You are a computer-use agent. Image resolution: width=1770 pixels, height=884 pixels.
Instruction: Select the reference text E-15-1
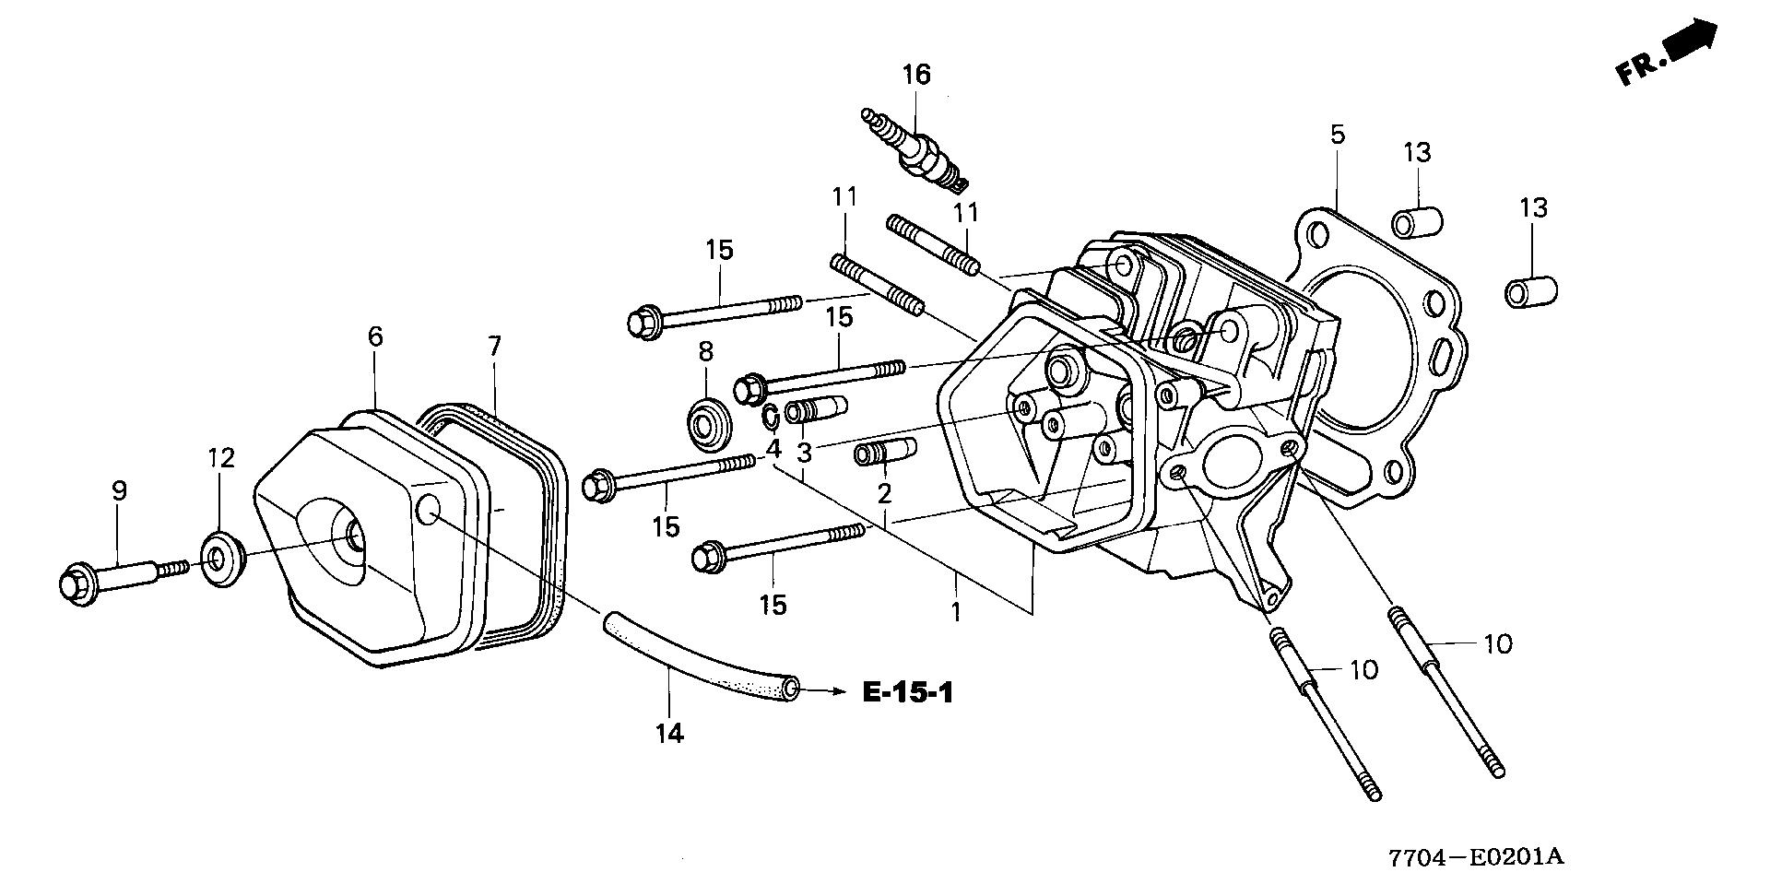(908, 692)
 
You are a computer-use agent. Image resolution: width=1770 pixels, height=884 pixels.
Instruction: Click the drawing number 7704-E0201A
(1477, 857)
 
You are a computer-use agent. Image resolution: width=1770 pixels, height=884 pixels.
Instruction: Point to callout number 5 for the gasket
(1337, 135)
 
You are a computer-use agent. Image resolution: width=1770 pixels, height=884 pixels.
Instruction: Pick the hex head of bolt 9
(75, 583)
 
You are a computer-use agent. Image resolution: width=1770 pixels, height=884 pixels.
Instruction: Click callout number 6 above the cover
(374, 337)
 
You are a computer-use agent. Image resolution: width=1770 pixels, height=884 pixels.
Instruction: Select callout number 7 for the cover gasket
(495, 347)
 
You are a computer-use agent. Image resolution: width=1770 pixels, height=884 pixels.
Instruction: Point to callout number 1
(956, 611)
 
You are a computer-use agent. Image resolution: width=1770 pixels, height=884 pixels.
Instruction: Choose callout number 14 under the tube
(670, 734)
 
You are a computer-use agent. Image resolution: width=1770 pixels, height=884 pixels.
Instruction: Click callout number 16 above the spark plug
(917, 74)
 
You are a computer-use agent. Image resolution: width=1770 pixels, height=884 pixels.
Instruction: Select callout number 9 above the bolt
(119, 491)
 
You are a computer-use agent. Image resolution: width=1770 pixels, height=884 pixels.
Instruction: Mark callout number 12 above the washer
(221, 458)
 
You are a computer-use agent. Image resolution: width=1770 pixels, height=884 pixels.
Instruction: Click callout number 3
(805, 453)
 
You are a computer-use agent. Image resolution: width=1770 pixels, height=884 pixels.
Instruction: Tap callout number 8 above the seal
(705, 350)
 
